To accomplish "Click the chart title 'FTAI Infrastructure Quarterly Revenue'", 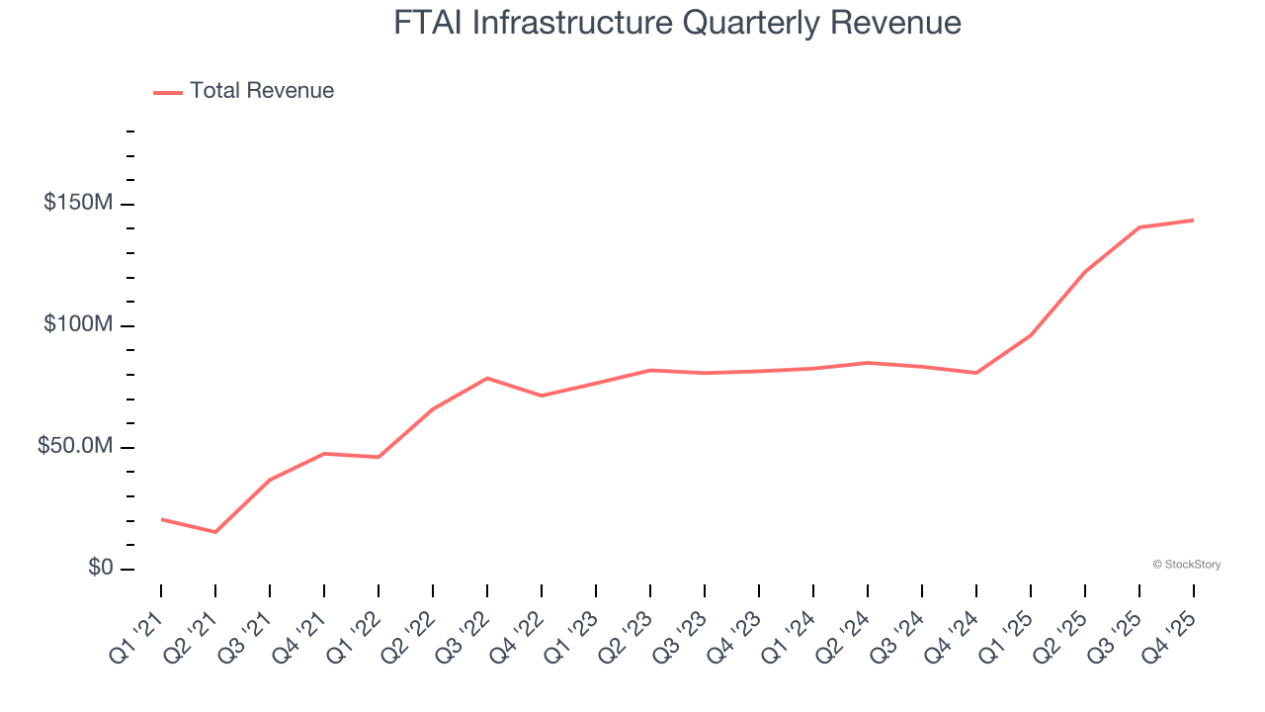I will click(677, 23).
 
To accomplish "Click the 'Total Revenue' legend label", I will click(262, 91).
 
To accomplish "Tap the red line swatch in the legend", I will click(168, 92).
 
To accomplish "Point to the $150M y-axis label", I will click(78, 203).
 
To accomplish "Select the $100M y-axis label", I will click(78, 325).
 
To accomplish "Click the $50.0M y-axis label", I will click(75, 447).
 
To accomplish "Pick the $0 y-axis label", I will click(100, 568).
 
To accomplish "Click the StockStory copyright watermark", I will click(1186, 565).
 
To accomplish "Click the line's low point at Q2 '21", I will click(215, 532).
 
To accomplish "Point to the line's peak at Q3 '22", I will click(487, 378).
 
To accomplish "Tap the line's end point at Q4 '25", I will click(1193, 220).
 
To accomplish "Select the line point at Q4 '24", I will click(976, 373).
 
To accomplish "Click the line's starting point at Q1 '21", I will click(161, 519).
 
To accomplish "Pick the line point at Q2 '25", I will click(1085, 271).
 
